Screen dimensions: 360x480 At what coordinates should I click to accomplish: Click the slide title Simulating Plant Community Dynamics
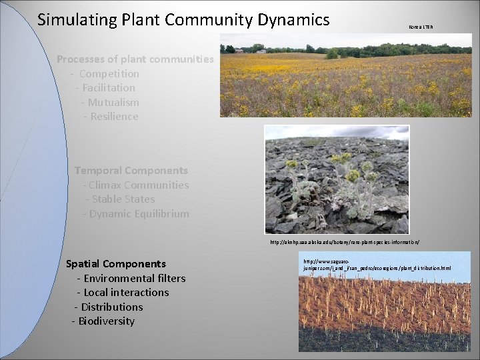(183, 20)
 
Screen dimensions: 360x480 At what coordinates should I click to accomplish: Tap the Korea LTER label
(419, 26)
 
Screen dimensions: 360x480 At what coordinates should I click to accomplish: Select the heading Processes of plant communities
(135, 59)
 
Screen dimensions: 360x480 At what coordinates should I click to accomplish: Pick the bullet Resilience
(111, 117)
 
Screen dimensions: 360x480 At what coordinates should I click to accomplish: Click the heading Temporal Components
(131, 171)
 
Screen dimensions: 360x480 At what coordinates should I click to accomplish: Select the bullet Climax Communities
(136, 185)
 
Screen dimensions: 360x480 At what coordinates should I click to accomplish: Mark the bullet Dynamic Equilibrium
(136, 213)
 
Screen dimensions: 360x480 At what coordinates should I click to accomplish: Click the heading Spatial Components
(116, 263)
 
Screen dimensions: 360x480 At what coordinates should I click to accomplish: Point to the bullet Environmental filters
(131, 278)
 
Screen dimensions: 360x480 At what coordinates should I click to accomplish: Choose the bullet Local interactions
(123, 292)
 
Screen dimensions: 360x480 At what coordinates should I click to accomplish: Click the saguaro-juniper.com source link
(377, 265)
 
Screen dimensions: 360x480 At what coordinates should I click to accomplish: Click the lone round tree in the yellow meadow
(331, 53)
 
